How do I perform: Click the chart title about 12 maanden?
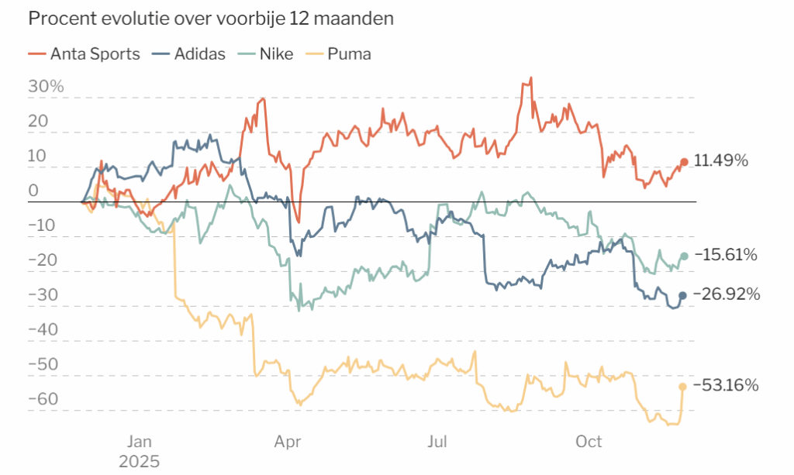click(211, 19)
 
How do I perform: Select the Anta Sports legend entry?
click(84, 53)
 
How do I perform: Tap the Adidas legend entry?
click(189, 53)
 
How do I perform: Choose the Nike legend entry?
click(266, 53)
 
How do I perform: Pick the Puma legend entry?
click(339, 53)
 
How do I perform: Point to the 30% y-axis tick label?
click(46, 87)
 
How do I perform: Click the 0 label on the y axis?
click(33, 191)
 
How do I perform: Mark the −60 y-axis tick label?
click(43, 399)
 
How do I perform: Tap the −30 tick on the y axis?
click(43, 295)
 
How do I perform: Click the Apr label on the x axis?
click(288, 442)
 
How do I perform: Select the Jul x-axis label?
click(437, 442)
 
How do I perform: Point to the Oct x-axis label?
click(589, 442)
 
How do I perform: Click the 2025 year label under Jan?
click(140, 461)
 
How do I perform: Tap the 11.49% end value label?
click(720, 161)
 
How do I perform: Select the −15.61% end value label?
click(726, 254)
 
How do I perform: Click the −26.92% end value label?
click(727, 294)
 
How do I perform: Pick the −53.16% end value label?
click(726, 385)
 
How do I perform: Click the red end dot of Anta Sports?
click(684, 162)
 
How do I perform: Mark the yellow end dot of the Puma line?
click(682, 387)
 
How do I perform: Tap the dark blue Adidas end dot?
click(682, 295)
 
